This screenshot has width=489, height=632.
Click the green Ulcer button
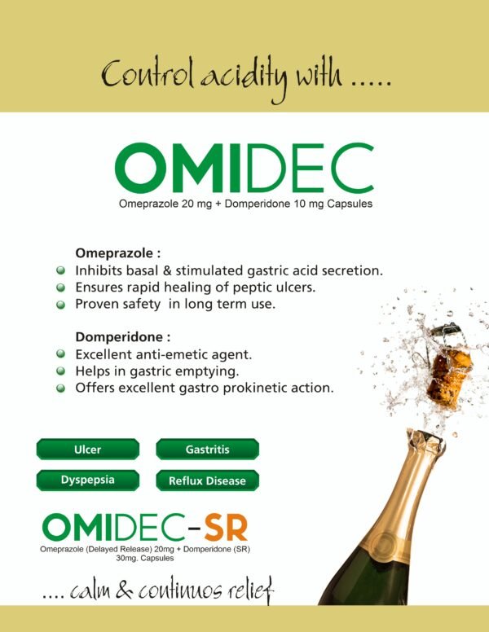coord(88,449)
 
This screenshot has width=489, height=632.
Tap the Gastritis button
coord(207,449)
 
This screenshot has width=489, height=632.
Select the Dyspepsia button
coord(88,480)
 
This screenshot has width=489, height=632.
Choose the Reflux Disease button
coord(207,480)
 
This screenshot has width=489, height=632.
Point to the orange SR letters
coord(226,528)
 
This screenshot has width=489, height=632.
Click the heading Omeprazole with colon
coord(118,253)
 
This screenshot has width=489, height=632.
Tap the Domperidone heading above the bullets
coord(122,336)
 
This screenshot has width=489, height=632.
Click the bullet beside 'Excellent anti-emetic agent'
coord(60,354)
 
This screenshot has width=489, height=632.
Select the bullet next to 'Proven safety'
coord(60,305)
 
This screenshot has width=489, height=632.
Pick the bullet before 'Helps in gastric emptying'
coord(60,371)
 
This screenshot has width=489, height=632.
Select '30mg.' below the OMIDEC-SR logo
coord(126,558)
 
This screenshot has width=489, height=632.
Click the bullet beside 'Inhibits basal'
coord(60,270)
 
